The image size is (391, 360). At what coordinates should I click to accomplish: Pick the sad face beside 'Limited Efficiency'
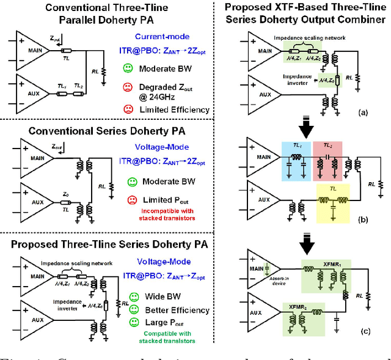point(128,109)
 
